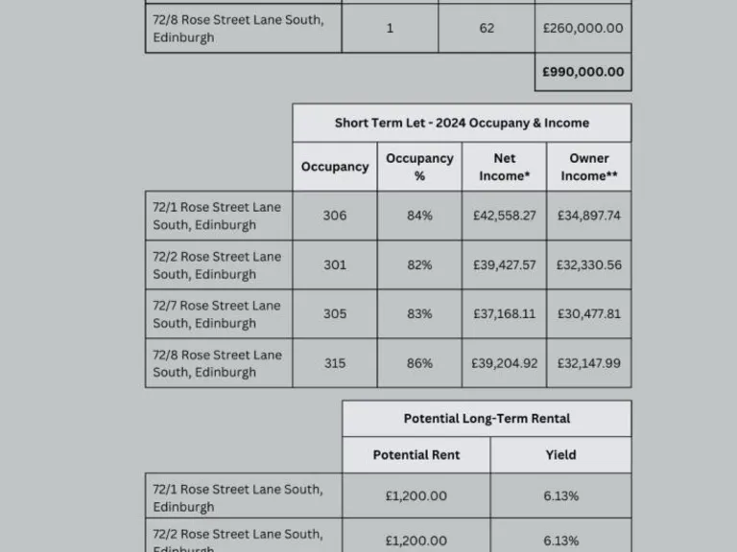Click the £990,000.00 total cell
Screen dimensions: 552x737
(582, 72)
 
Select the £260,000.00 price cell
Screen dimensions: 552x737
(582, 28)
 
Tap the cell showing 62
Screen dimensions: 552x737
(487, 28)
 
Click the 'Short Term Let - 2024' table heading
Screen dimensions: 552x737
(462, 123)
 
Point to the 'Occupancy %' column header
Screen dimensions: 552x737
(419, 167)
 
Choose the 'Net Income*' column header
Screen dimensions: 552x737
(504, 167)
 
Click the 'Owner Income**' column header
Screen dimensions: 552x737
(588, 167)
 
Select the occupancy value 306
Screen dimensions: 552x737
(335, 216)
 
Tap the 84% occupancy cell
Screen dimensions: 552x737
(419, 216)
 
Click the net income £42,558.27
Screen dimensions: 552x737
(504, 216)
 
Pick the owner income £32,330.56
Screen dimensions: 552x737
(588, 264)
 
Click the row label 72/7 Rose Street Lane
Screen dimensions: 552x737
(217, 313)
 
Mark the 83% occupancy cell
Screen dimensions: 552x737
(419, 313)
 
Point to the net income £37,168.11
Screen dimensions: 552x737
(504, 313)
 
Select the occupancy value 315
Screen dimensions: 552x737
(335, 363)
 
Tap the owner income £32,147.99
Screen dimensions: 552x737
(588, 363)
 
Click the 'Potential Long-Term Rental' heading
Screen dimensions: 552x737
(487, 419)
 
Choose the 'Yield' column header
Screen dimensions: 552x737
(560, 455)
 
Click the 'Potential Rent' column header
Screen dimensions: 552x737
(416, 455)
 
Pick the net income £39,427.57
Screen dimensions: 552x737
(504, 264)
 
